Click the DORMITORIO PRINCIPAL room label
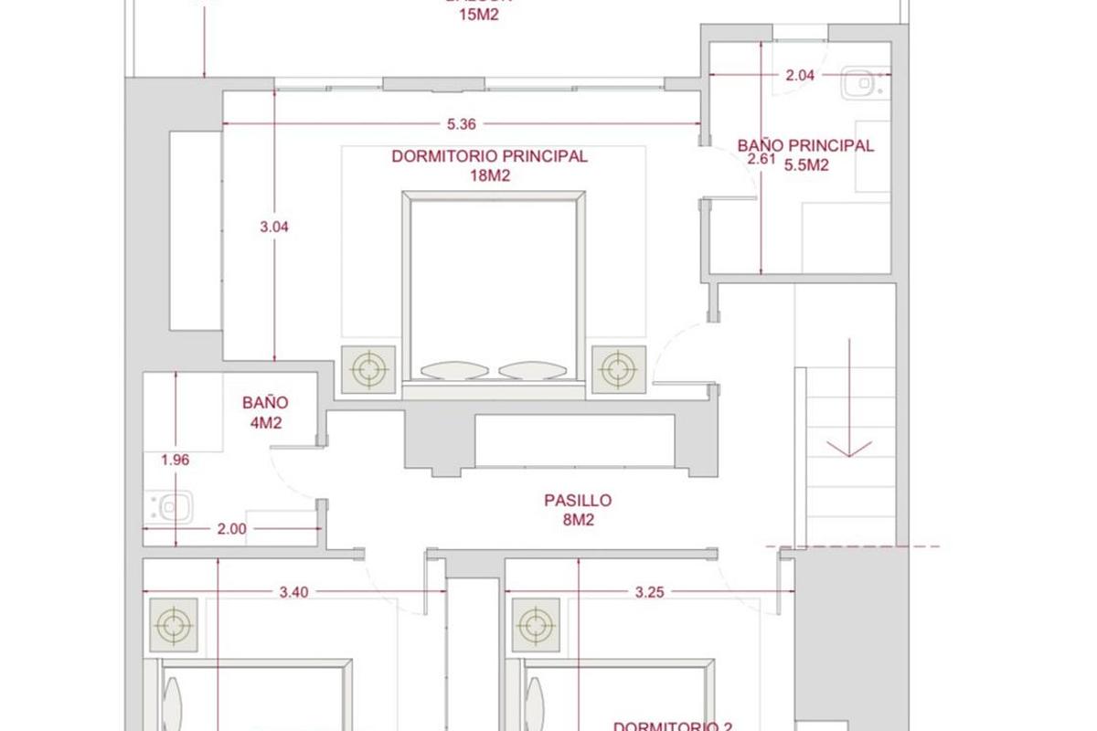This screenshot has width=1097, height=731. [x=489, y=156]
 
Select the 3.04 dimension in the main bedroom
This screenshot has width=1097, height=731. [x=274, y=227]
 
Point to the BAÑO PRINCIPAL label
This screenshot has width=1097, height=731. [x=805, y=145]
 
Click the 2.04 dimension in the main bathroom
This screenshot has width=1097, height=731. [x=800, y=76]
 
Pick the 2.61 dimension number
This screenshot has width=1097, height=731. [x=761, y=159]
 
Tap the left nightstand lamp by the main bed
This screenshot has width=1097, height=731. [x=368, y=369]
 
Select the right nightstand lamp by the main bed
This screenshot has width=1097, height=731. [x=618, y=369]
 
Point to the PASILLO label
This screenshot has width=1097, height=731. [x=578, y=501]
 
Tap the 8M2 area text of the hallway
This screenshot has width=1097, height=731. [x=578, y=520]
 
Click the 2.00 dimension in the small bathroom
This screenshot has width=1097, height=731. [x=232, y=528]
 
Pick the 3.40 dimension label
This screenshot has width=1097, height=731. [x=293, y=591]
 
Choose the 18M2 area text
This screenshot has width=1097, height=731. [x=489, y=175]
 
